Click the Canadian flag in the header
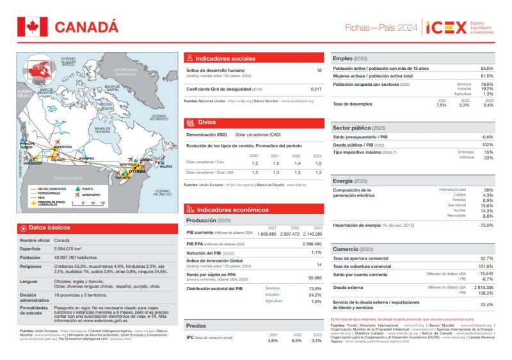[28, 26]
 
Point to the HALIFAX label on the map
[166, 167]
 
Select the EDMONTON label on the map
[63, 147]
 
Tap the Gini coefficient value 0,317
[316, 89]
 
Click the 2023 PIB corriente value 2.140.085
[312, 234]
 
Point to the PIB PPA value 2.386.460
[311, 244]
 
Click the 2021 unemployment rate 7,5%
[442, 105]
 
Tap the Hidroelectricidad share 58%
[488, 190]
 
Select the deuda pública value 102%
[488, 145]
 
